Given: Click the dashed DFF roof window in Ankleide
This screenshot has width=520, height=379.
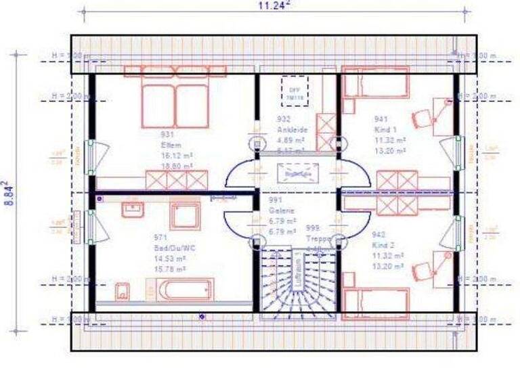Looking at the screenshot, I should (x=295, y=89).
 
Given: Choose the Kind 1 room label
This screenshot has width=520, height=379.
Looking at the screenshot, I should (x=385, y=130).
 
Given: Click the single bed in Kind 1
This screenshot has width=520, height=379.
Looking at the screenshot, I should (x=376, y=86).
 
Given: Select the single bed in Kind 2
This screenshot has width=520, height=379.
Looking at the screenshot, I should (x=376, y=303).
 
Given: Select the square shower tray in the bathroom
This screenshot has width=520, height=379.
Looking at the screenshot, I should (x=184, y=216).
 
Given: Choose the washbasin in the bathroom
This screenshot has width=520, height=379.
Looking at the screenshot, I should (x=131, y=207).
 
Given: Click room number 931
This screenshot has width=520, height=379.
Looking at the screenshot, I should (x=167, y=135).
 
